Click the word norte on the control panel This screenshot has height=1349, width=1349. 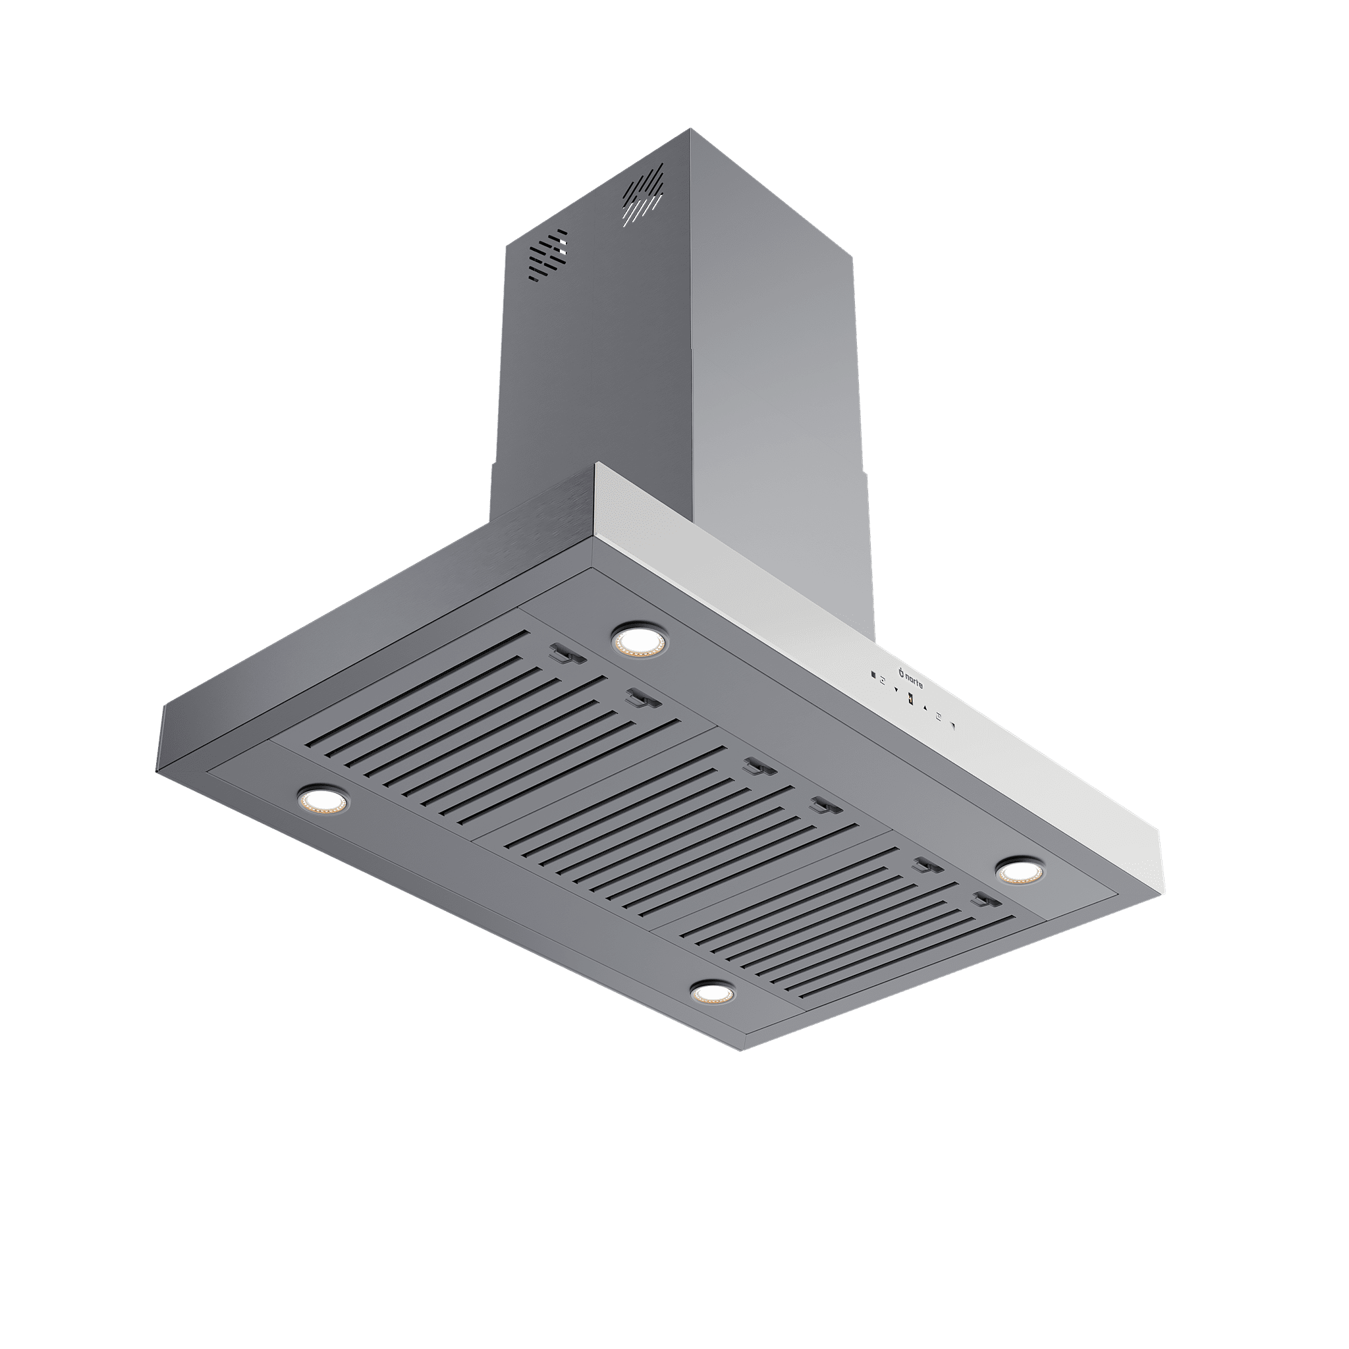tap(914, 682)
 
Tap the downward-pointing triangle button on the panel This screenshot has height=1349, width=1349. tap(896, 690)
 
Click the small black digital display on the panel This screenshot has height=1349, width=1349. tap(910, 699)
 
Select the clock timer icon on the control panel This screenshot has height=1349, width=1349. tap(939, 717)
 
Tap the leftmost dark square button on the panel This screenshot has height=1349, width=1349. tap(873, 675)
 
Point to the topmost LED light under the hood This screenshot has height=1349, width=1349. tap(638, 640)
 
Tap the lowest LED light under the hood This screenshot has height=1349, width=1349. tap(711, 993)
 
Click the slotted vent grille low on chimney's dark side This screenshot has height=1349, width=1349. tap(548, 254)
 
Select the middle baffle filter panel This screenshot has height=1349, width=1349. tap(671, 824)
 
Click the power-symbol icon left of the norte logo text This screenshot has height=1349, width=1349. tap(902, 674)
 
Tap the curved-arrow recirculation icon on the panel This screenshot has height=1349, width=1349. tap(883, 681)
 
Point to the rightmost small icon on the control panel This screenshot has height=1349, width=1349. tap(953, 726)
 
